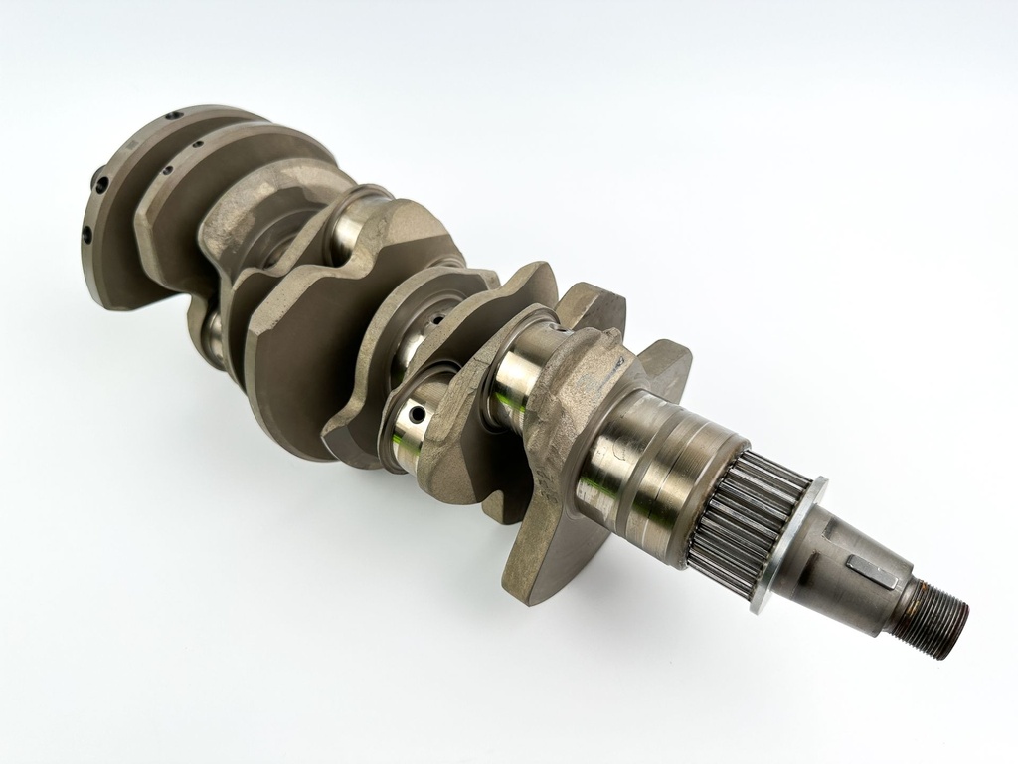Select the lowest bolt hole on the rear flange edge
tap(86, 235)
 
